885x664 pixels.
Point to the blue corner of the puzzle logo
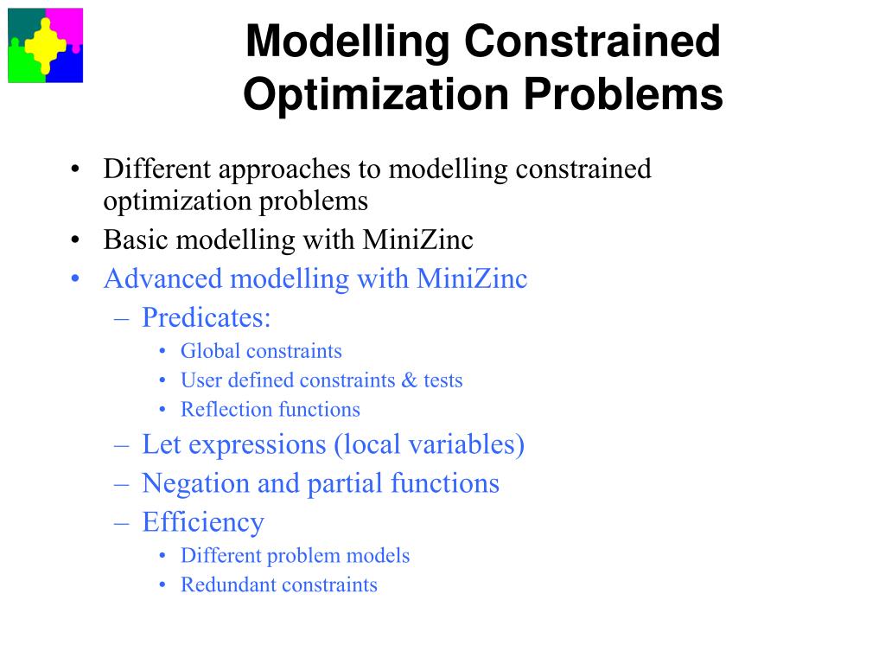(x=69, y=69)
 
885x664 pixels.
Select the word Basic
(x=129, y=239)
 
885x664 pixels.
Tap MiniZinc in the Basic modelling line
(x=418, y=239)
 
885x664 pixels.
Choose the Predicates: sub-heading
(x=206, y=318)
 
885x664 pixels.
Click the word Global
(x=210, y=351)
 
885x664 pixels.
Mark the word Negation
(x=196, y=483)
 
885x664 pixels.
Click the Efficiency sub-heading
(x=202, y=522)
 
